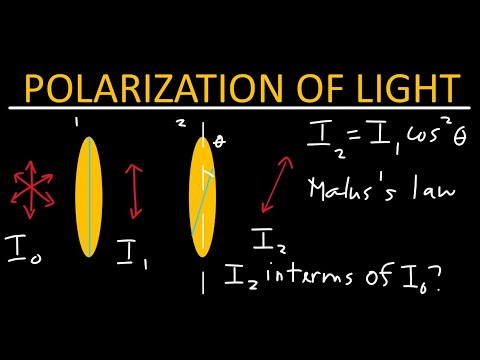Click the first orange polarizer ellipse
[x=89, y=190]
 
